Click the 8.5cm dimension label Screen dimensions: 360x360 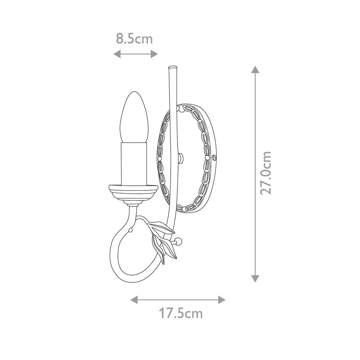(x=134, y=39)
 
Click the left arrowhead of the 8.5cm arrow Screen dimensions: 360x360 (x=117, y=54)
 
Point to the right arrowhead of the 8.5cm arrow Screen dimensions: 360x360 (x=154, y=54)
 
